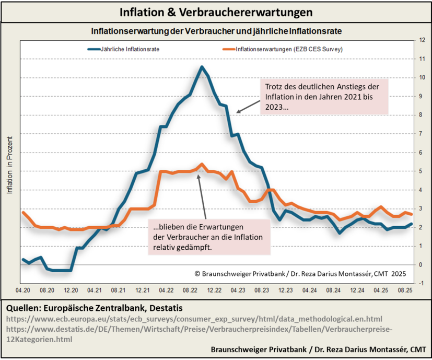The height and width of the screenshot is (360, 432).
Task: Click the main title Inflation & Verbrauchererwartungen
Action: pyautogui.click(x=216, y=11)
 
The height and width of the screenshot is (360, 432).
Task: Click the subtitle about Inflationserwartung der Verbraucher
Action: pyautogui.click(x=216, y=31)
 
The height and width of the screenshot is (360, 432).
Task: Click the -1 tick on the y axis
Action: pyautogui.click(x=422, y=283)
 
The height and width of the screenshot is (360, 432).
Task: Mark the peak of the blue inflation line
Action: pyautogui.click(x=202, y=67)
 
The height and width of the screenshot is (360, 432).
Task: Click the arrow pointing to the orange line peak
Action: pyautogui.click(x=202, y=196)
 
